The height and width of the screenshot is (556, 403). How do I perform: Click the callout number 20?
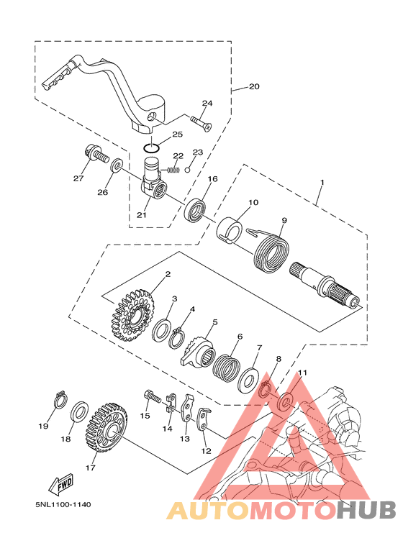254,86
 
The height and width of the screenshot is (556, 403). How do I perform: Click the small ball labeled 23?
188,168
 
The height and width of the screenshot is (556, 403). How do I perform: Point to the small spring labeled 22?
173,170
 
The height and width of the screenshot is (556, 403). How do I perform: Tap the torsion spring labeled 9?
271,253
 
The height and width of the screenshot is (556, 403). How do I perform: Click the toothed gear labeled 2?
133,314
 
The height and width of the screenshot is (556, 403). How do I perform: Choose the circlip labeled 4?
177,338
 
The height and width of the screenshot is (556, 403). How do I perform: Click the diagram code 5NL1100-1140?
63,504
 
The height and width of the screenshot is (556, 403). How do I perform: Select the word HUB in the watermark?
366,510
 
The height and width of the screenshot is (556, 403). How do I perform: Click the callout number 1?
322,182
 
